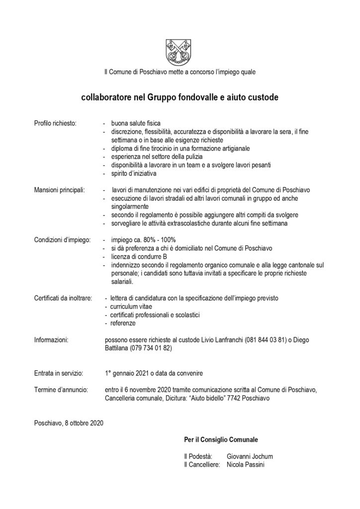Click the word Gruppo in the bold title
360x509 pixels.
point(162,98)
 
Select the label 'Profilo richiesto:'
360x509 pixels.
point(55,123)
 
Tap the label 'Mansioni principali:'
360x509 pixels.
point(59,189)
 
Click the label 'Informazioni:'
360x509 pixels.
point(51,340)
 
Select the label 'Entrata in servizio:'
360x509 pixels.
point(58,373)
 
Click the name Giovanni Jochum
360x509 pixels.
point(249,456)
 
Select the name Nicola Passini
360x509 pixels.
point(246,465)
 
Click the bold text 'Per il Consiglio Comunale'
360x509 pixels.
point(221,440)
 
